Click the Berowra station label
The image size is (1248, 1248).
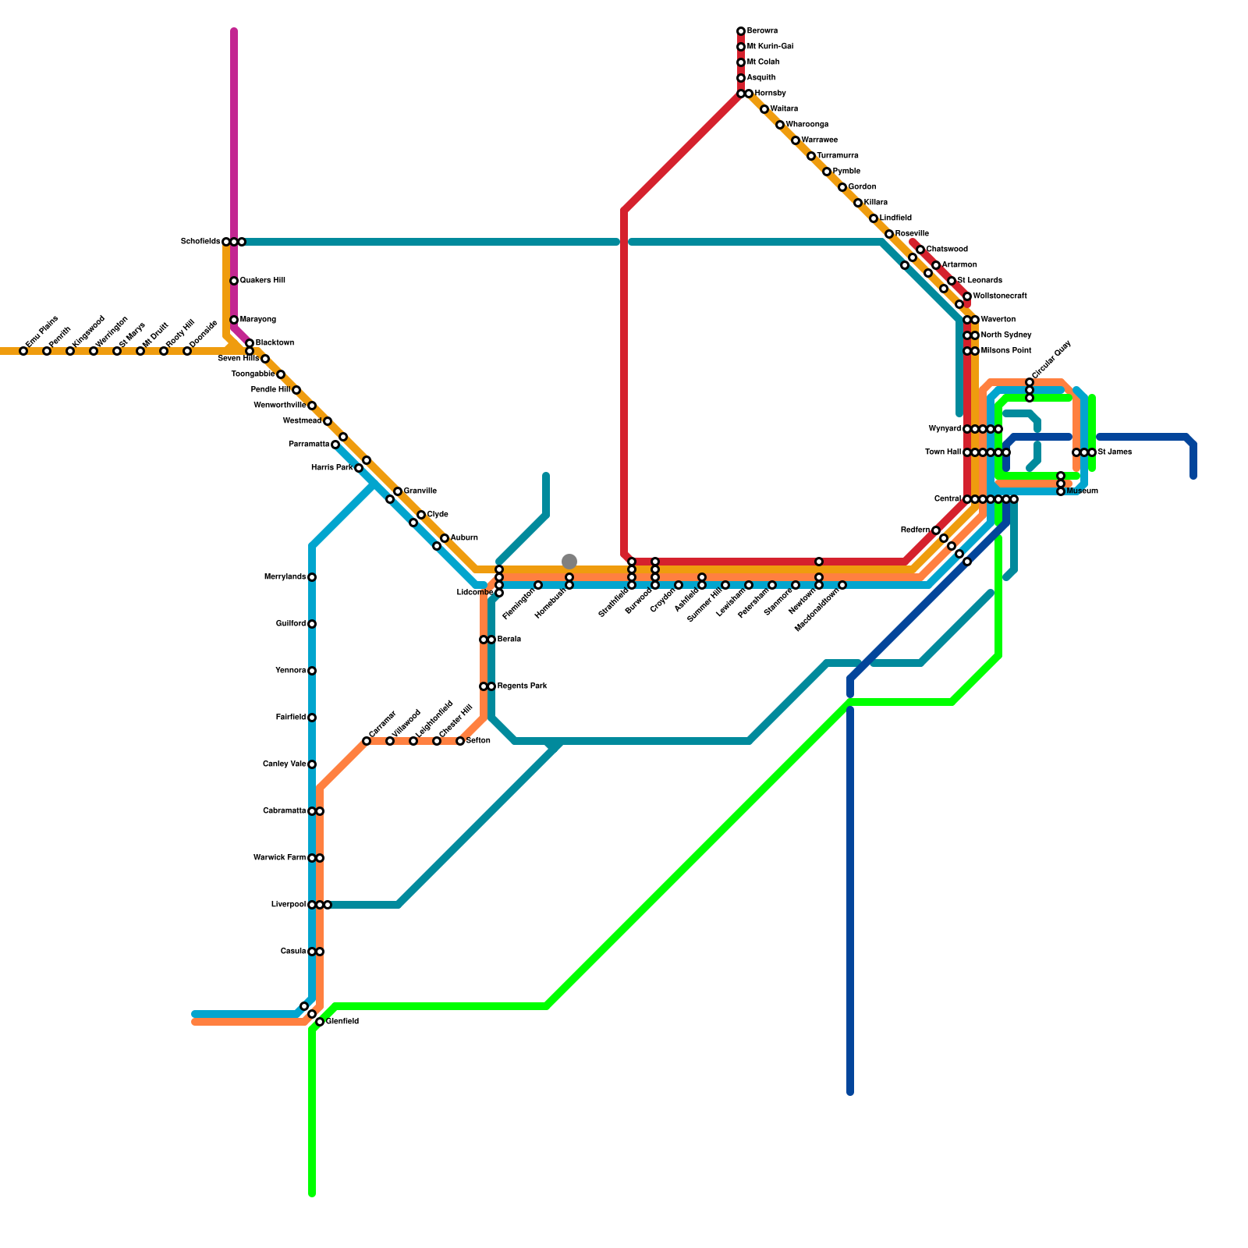pos(761,31)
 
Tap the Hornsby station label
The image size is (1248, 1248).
pos(770,94)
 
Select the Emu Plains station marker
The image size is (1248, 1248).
pos(23,351)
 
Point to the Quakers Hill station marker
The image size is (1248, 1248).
pos(234,281)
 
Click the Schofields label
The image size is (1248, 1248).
pos(200,242)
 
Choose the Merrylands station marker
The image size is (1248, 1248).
pos(312,577)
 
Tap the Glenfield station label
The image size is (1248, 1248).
pos(342,1022)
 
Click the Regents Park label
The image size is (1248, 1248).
pos(522,686)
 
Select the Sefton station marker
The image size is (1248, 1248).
pos(460,741)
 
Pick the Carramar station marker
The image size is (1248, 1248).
pos(367,741)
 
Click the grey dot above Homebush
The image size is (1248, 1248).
pos(569,562)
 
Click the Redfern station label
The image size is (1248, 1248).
pos(915,530)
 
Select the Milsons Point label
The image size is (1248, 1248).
pos(1005,351)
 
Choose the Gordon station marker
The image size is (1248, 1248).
pos(842,187)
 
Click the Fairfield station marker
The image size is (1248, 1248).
pos(312,718)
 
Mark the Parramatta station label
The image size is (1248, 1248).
pos(309,445)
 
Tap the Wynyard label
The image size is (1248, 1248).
pos(945,429)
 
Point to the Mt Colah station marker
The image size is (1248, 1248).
pos(741,62)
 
